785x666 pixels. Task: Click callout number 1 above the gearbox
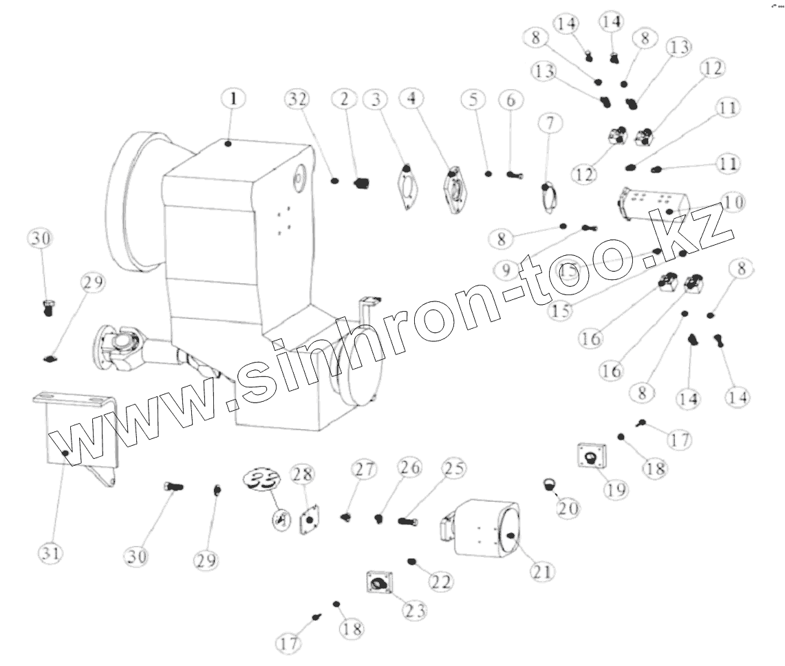click(x=233, y=98)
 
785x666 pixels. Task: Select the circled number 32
click(x=296, y=98)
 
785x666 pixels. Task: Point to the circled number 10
click(x=733, y=202)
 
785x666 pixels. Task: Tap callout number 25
click(x=452, y=469)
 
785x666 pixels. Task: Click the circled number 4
click(x=411, y=98)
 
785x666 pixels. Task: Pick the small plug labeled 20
click(x=550, y=484)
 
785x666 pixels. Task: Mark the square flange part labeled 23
click(x=378, y=584)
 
